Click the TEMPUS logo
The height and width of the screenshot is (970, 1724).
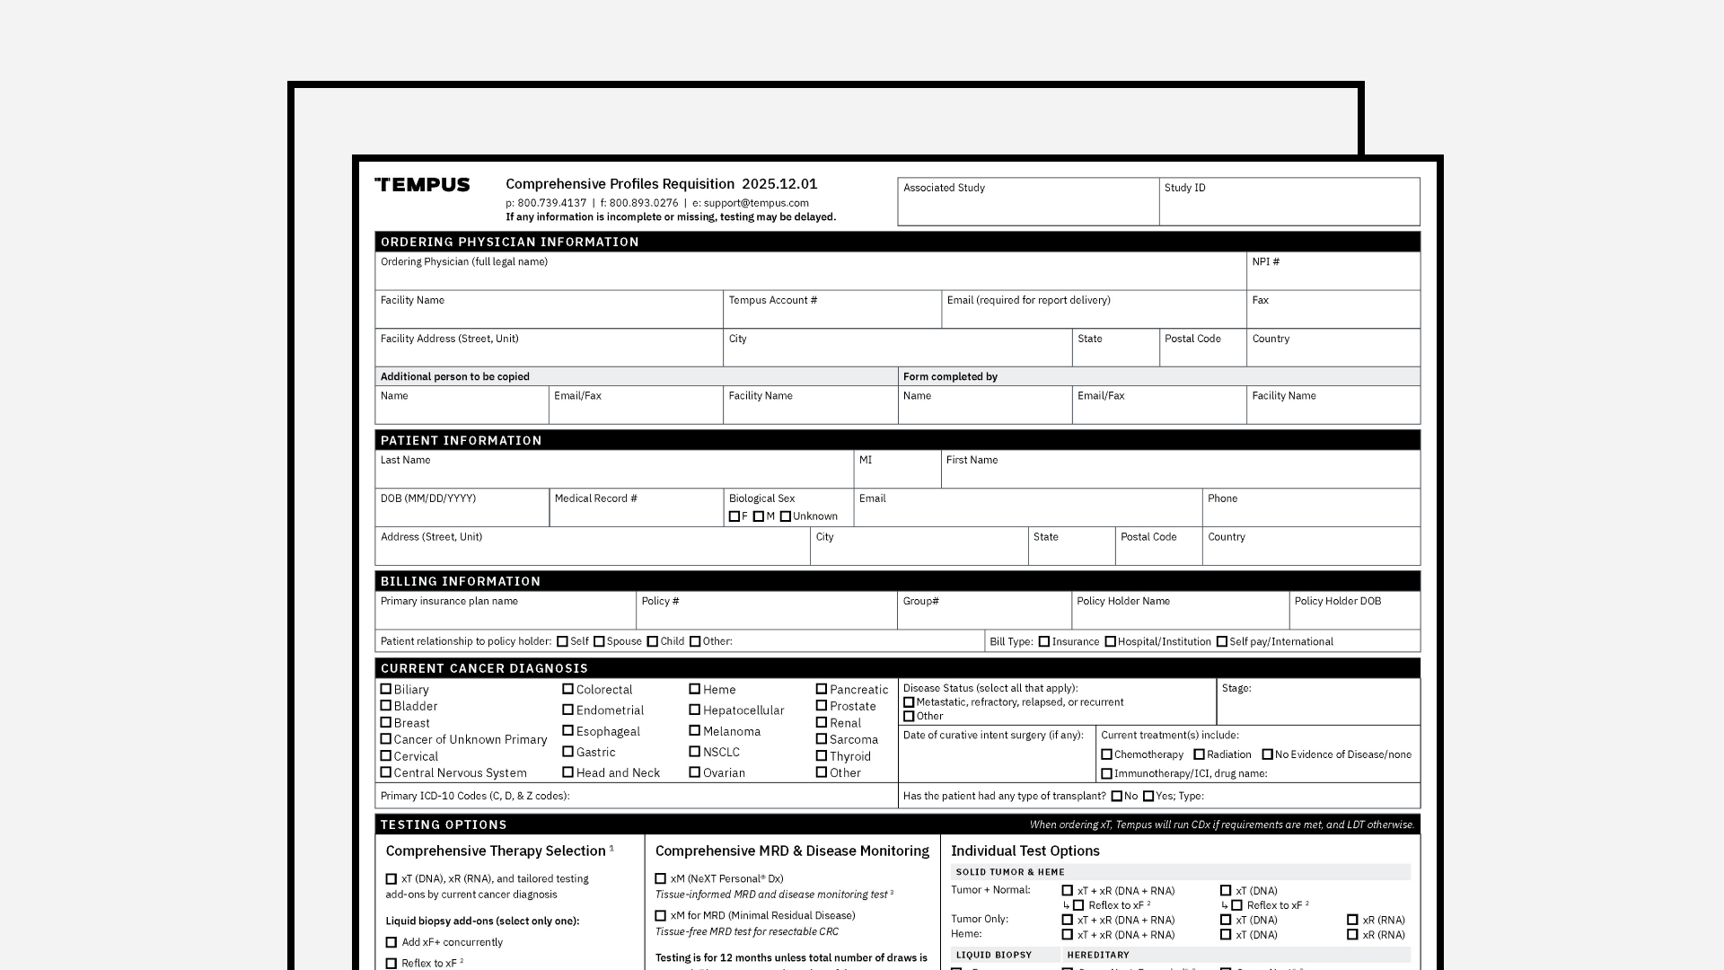point(422,185)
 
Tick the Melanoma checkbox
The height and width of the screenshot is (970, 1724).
point(694,731)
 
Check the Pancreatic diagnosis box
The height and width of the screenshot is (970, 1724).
point(821,689)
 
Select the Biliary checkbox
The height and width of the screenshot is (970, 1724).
point(386,689)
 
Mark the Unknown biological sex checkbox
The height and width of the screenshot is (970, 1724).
point(786,516)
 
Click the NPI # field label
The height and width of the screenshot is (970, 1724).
point(1265,262)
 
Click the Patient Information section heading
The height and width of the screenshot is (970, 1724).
point(461,440)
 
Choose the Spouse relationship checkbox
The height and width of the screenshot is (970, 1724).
point(599,641)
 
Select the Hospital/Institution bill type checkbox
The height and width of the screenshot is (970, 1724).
point(1111,641)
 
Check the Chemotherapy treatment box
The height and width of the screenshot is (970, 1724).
point(1106,754)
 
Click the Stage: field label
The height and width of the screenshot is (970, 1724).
point(1236,688)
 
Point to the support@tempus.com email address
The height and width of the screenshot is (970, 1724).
point(756,203)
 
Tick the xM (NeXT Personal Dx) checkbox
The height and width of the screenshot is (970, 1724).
point(661,879)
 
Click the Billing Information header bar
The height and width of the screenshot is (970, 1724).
point(897,581)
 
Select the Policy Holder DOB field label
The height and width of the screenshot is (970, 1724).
point(1337,602)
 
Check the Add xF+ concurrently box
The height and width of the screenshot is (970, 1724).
point(391,942)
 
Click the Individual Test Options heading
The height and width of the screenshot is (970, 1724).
point(1025,851)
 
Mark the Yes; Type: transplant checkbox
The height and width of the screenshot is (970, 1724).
point(1148,796)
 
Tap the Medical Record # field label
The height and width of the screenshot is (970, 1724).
point(595,498)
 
